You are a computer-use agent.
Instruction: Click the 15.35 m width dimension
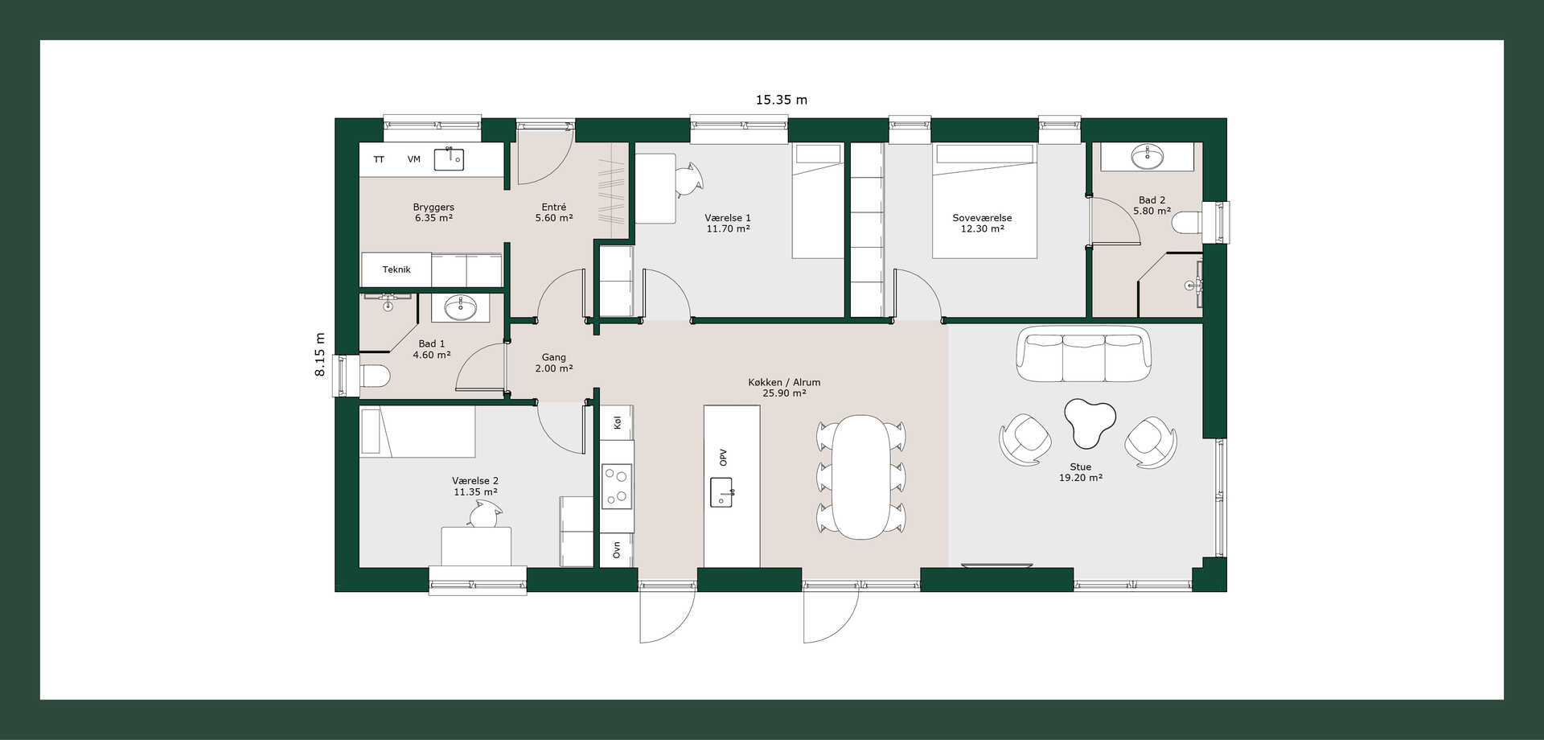781,101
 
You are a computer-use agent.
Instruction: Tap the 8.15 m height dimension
320,355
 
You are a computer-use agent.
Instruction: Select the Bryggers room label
433,208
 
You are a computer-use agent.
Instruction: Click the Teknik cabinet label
396,269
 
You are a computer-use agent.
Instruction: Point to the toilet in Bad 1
374,376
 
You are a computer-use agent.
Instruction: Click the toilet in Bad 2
1186,222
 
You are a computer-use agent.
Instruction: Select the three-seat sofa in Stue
1084,354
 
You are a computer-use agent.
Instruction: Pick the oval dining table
861,476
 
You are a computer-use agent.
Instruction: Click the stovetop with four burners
617,486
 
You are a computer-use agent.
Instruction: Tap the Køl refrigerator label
618,422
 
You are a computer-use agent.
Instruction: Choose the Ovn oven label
617,549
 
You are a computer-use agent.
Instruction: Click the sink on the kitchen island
721,491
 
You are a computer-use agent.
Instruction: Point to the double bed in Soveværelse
984,201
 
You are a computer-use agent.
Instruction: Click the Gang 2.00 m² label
553,363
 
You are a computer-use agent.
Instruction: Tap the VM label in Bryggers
413,159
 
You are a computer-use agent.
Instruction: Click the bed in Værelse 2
417,432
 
